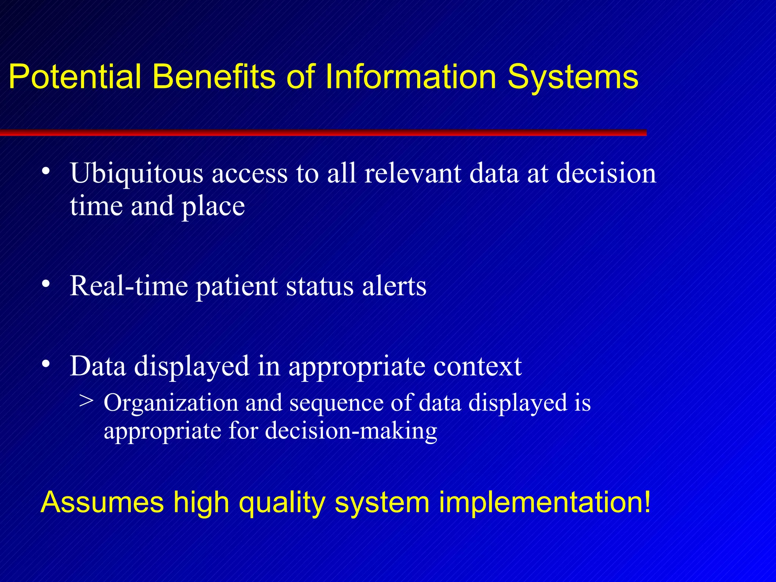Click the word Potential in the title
[x=75, y=77]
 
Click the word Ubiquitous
[x=136, y=174]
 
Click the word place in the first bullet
[x=213, y=207]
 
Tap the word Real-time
[x=129, y=286]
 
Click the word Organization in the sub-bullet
[x=171, y=403]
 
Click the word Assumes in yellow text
[x=102, y=502]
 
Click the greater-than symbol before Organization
[x=86, y=401]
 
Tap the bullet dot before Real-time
[x=46, y=284]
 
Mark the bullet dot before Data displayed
[x=46, y=364]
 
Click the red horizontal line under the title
[x=322, y=133]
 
